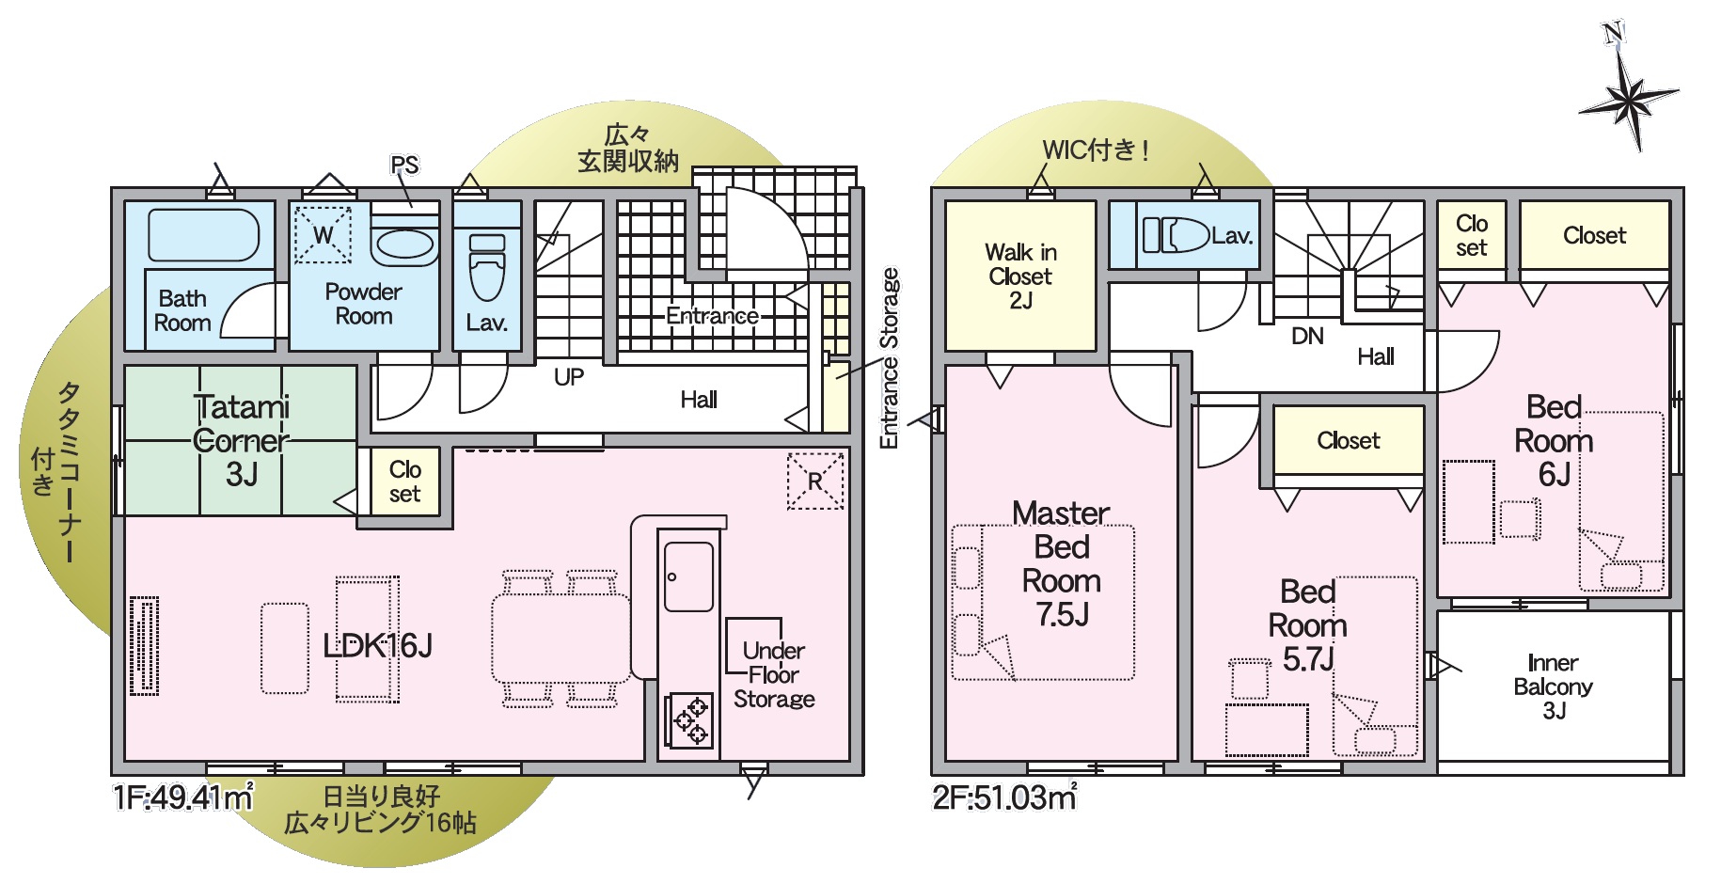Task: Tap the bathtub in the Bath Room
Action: pos(203,235)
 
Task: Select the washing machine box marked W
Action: pos(323,234)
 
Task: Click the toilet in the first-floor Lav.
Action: pos(486,266)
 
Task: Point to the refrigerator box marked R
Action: pos(814,481)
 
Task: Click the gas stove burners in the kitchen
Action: pos(689,720)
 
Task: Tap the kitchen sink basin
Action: pos(688,576)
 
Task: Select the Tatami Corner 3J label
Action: pos(242,440)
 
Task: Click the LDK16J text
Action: pos(377,645)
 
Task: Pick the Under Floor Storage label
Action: pos(774,674)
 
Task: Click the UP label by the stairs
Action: pos(569,377)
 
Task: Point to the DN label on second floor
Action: pos(1307,336)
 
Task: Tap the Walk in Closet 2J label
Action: pos(1020,276)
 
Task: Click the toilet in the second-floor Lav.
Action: pos(1175,235)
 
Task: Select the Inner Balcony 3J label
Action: pos(1553,687)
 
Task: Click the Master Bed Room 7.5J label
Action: pos(1062,563)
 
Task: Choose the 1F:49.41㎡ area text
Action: pos(183,797)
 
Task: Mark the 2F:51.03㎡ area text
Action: pos(1004,797)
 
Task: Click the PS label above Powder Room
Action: pos(404,166)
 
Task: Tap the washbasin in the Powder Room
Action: pos(405,244)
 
